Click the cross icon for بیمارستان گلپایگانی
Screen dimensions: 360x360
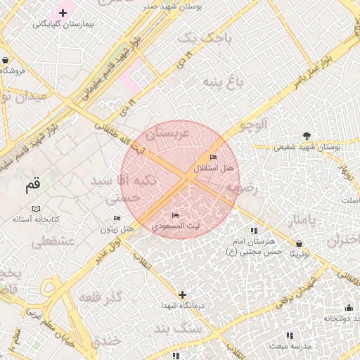click(x=63, y=13)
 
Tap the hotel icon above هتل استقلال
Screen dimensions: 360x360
click(x=214, y=157)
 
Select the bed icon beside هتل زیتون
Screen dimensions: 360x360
click(x=117, y=218)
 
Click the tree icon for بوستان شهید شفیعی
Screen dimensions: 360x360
click(x=306, y=136)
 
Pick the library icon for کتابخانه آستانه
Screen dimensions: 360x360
click(x=37, y=209)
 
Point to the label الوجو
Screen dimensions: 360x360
click(x=254, y=125)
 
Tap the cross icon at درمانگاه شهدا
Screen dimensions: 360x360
click(x=183, y=295)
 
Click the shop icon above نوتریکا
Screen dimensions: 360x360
click(x=300, y=243)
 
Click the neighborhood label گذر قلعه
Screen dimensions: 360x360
click(x=102, y=295)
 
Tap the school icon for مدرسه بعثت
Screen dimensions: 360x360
click(x=288, y=335)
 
